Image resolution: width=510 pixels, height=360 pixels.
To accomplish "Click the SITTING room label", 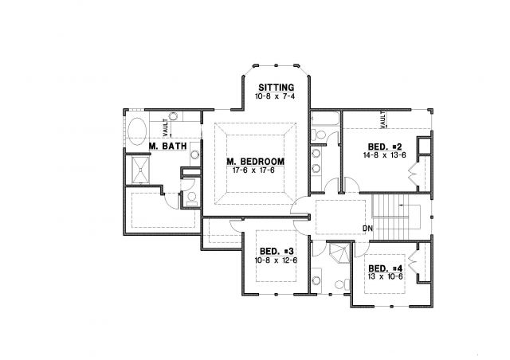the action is pyautogui.click(x=277, y=88).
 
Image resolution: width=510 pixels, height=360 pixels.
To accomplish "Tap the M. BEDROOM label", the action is pyautogui.click(x=255, y=162).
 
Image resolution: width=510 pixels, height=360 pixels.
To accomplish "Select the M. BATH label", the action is pyautogui.click(x=168, y=146).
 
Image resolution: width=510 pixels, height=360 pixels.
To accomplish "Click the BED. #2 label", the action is pyautogui.click(x=385, y=147).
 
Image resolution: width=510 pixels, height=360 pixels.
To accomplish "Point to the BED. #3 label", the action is pyautogui.click(x=277, y=252).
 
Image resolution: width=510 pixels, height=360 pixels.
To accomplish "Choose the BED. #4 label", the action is pyautogui.click(x=386, y=268).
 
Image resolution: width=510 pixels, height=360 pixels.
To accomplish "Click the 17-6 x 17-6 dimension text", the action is pyautogui.click(x=253, y=170).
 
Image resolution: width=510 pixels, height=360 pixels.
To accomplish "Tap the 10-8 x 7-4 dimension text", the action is pyautogui.click(x=275, y=96).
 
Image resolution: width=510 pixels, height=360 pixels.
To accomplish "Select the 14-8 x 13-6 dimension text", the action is pyautogui.click(x=384, y=155).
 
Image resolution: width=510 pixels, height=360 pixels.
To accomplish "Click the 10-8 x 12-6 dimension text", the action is pyautogui.click(x=276, y=260).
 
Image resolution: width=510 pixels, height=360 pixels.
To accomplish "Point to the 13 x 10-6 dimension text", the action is pyautogui.click(x=385, y=276).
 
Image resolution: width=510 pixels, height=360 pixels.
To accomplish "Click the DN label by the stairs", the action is pyautogui.click(x=367, y=229).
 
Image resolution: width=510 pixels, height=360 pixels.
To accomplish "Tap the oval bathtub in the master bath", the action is pyautogui.click(x=137, y=131).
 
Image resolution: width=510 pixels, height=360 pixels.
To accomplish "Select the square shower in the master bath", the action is pyautogui.click(x=140, y=170).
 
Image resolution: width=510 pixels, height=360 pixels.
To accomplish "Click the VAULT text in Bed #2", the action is pyautogui.click(x=382, y=119).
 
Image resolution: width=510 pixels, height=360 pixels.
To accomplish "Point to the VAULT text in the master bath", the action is pyautogui.click(x=166, y=127).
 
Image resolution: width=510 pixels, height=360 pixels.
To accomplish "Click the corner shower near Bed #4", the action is pyautogui.click(x=339, y=252).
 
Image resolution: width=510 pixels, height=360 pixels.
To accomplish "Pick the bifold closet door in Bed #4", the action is pyautogui.click(x=412, y=262).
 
